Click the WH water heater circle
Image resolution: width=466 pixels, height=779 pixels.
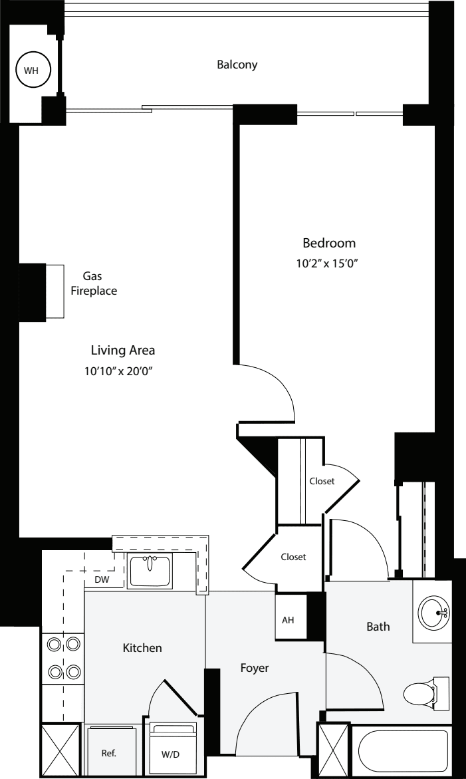(x=33, y=69)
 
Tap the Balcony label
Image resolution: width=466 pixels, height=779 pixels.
(x=237, y=65)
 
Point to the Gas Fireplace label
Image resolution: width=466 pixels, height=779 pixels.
(x=94, y=283)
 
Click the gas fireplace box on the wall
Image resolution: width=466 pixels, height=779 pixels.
(x=54, y=291)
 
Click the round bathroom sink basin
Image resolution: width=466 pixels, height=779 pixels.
(x=433, y=609)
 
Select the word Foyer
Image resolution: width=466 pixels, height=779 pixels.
(x=255, y=668)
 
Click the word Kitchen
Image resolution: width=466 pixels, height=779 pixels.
(x=142, y=647)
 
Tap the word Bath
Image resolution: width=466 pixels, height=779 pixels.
(x=378, y=626)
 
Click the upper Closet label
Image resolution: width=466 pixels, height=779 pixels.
(x=322, y=481)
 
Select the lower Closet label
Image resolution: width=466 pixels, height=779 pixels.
(x=293, y=557)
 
